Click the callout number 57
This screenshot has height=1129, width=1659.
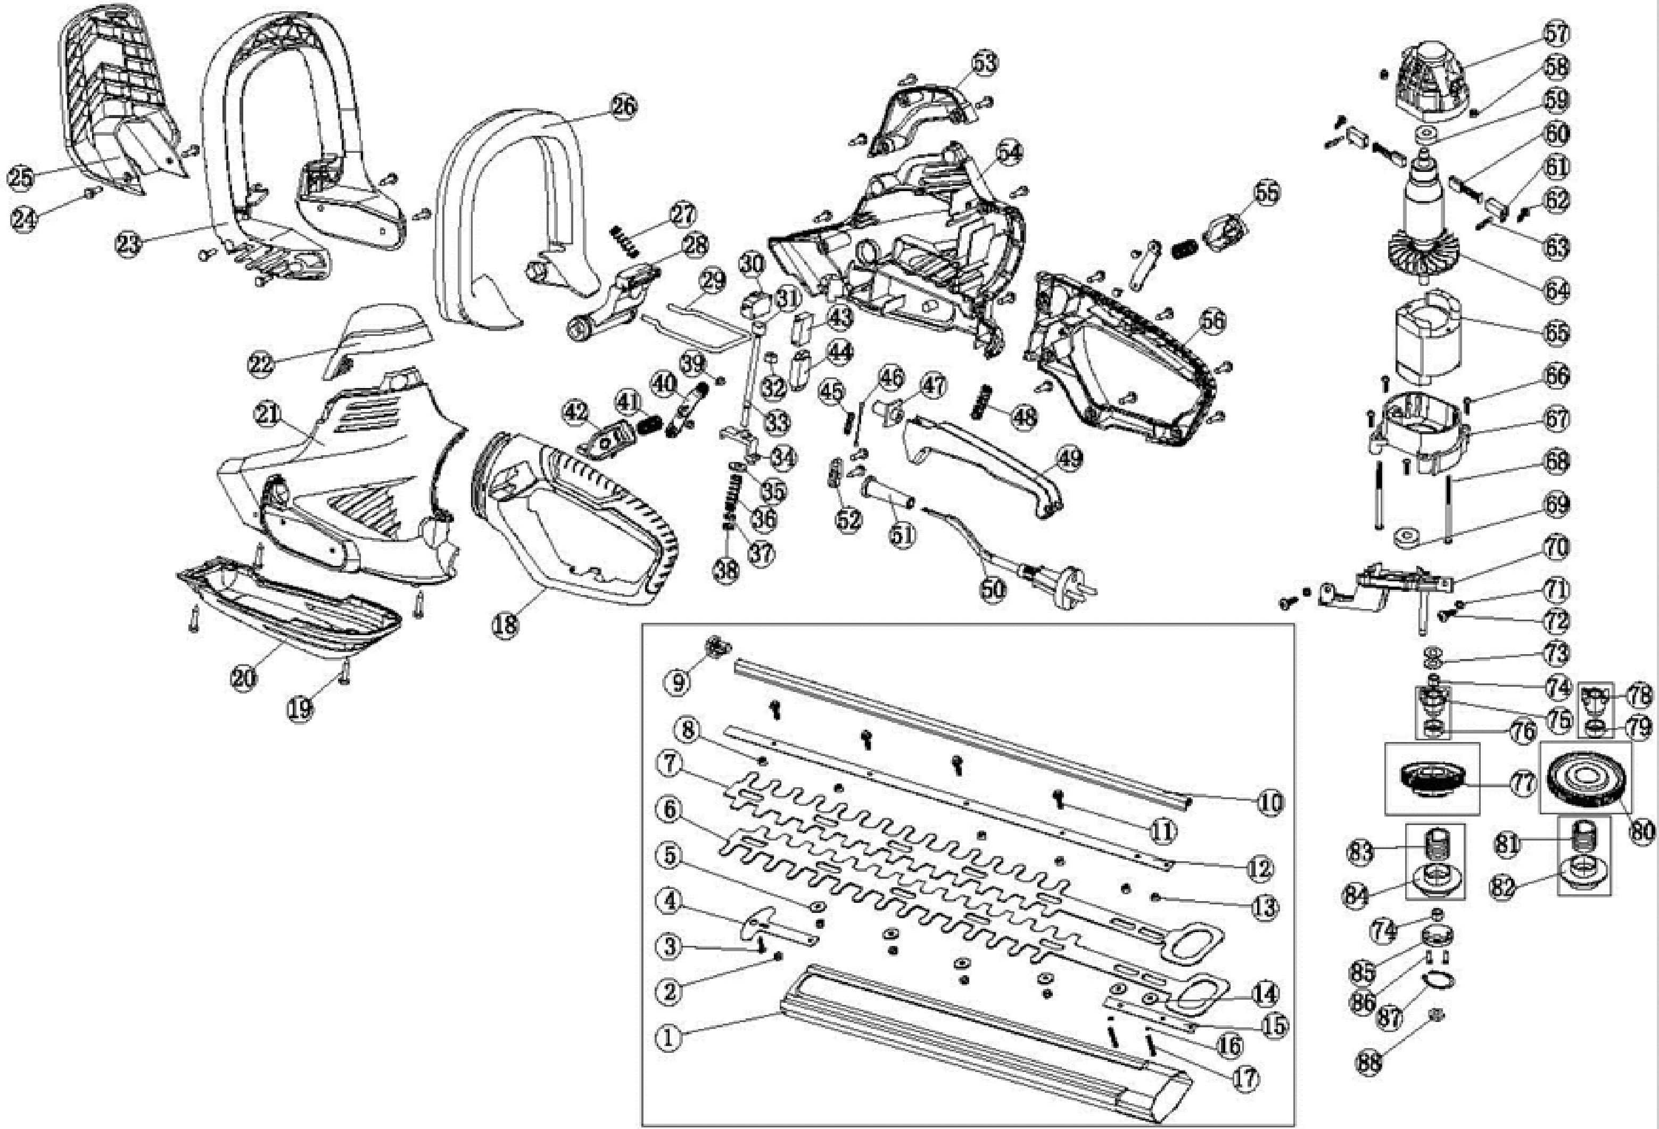click(x=1557, y=34)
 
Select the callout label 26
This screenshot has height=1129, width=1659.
click(x=623, y=106)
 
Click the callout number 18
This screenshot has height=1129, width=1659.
click(x=506, y=625)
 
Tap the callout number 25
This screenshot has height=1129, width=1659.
click(x=21, y=177)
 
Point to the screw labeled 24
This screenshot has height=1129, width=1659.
click(x=90, y=192)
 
